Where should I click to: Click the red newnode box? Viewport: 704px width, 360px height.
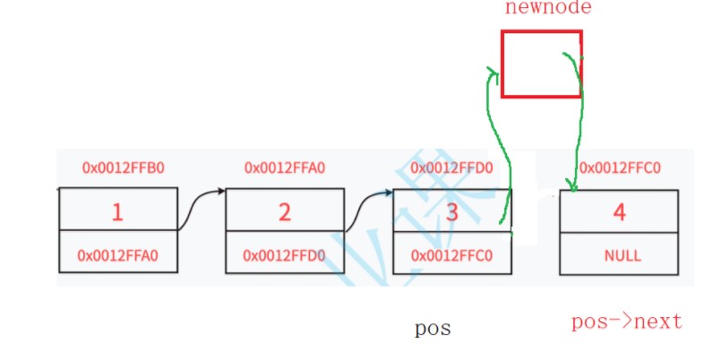[541, 64]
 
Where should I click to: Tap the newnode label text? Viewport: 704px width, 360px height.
[548, 8]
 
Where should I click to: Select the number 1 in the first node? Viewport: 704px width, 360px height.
[117, 212]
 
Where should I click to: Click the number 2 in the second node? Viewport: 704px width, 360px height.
[285, 212]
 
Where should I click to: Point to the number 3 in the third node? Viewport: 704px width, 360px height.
[452, 212]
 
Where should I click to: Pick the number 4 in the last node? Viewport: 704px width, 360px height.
[619, 212]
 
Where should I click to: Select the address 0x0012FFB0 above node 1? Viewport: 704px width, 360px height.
[118, 167]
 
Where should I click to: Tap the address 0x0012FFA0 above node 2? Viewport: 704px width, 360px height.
[285, 167]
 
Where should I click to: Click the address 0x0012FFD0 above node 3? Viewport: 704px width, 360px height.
[451, 167]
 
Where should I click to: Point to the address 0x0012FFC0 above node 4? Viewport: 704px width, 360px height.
[620, 167]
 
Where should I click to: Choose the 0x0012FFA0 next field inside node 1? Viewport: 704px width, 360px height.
[118, 255]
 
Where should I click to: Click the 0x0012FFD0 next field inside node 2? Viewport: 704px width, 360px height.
[285, 255]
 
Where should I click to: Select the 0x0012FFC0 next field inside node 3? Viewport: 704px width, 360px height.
[452, 255]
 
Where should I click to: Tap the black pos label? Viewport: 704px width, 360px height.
[433, 329]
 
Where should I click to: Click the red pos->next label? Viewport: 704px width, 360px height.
[627, 321]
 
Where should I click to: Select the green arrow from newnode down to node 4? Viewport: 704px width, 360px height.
[580, 125]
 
